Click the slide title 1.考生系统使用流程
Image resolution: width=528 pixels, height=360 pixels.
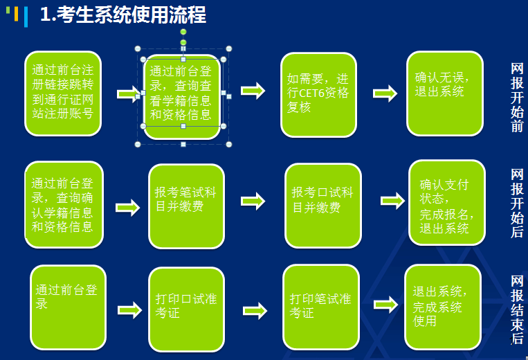tap(123, 15)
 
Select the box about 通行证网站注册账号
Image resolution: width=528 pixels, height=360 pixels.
tap(63, 93)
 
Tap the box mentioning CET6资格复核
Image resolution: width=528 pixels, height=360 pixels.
tap(318, 95)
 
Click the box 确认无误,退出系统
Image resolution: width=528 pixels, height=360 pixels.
tap(445, 93)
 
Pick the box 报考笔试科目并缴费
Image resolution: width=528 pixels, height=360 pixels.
tap(187, 206)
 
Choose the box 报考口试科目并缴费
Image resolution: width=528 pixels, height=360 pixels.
tap(323, 206)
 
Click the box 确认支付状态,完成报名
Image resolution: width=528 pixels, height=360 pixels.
tap(447, 203)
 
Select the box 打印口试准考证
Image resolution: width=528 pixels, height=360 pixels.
tap(187, 309)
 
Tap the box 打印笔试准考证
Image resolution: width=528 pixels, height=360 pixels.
tap(321, 307)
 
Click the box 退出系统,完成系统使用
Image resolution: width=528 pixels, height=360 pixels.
tap(443, 307)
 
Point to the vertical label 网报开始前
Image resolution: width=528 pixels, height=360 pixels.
tap(517, 98)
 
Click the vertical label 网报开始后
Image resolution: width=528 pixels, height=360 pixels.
tap(517, 203)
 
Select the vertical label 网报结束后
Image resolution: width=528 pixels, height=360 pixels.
tap(517, 309)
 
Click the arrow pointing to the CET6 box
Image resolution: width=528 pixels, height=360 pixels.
tap(253, 91)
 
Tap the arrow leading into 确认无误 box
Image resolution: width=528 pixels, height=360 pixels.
tap(385, 93)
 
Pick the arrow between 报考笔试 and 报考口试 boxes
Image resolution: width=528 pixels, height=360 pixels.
tap(253, 201)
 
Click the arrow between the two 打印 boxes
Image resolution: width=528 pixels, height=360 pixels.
tap(255, 311)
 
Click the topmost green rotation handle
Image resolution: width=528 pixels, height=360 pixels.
tap(183, 32)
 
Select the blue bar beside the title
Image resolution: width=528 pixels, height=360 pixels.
tap(26, 17)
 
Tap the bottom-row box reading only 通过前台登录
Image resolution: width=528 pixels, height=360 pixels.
tap(68, 307)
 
